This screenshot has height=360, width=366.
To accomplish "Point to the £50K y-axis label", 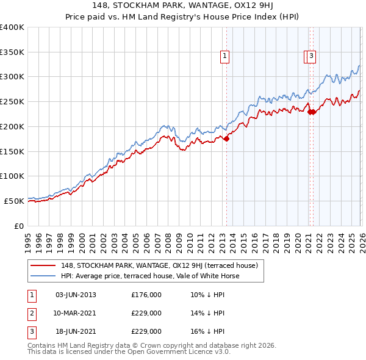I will tap(14, 201).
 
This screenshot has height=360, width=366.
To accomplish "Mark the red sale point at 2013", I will tap(226, 139).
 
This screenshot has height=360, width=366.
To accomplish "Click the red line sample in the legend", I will tap(43, 265).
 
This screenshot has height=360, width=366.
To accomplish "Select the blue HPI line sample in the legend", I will tap(43, 276).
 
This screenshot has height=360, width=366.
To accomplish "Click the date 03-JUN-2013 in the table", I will tap(76, 295).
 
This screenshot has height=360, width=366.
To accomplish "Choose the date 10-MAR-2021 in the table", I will tap(76, 313).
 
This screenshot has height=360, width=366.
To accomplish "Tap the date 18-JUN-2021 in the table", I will tap(76, 331).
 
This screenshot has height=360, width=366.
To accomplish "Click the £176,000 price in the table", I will tap(146, 295).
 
